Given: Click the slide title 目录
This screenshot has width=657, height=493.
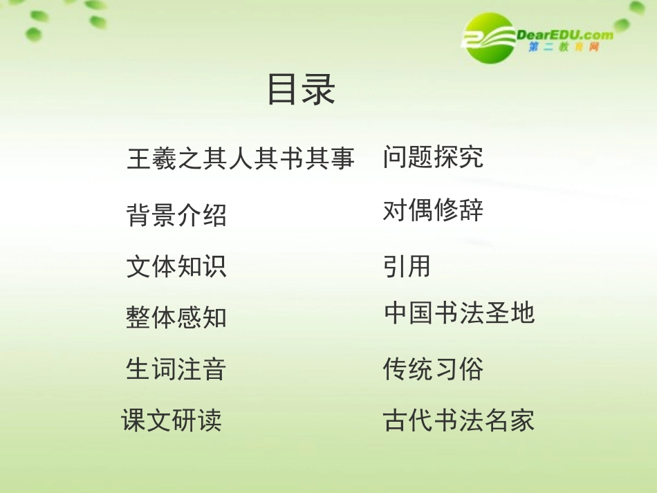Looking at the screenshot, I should coord(302,90).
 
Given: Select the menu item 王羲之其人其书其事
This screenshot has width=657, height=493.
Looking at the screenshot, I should coord(240,158).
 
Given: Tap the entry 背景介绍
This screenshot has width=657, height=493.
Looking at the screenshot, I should coord(176,215).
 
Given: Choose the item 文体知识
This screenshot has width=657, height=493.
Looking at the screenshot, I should coord(176,266).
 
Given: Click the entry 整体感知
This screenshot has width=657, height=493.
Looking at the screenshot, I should coord(176,317).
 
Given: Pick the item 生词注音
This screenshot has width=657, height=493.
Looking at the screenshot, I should coord(176,369).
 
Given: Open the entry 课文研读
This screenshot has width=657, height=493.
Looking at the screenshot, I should coord(172,420).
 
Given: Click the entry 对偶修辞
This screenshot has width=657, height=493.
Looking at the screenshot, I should coord(433,210).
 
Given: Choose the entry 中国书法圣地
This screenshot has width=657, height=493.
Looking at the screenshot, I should coord(459,313).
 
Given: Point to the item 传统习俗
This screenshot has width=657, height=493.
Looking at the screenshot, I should coord(433,369).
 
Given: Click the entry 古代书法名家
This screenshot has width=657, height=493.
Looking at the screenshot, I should coord(459,420).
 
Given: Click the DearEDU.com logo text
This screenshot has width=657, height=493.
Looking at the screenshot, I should coord(564,35).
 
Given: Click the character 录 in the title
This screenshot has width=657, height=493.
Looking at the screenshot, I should coord(319,90).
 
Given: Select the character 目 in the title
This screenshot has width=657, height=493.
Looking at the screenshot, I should coord(283,90).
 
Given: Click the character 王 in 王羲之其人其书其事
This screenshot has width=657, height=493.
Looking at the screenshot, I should coord(139,158).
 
